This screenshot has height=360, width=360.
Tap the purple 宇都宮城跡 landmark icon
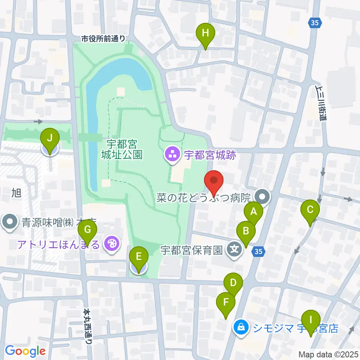pos(172,155)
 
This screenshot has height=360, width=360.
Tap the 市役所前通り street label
pos(103,38)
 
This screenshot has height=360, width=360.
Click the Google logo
pos(25,351)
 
